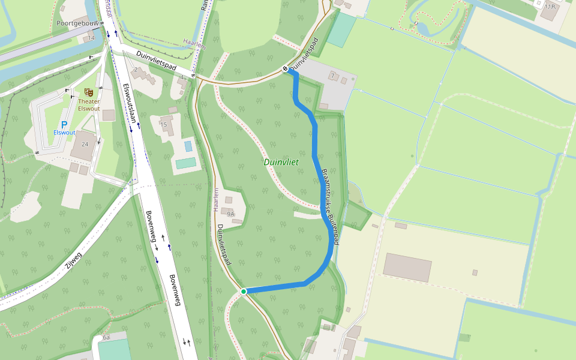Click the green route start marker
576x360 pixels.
click(244, 291)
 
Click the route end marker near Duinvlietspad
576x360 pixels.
click(286, 70)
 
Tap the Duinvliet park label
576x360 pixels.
click(281, 162)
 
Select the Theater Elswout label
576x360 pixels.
click(89, 105)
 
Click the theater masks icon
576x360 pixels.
click(88, 92)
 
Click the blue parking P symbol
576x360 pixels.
click(64, 124)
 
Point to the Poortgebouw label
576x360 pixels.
click(77, 23)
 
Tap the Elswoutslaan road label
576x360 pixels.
click(130, 103)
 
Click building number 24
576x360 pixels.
click(85, 144)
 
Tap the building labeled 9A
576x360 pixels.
click(230, 213)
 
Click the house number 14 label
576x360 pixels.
click(91, 38)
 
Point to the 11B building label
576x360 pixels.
click(550, 6)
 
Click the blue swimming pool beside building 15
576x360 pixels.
click(188, 146)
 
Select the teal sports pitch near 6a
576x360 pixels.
click(114, 349)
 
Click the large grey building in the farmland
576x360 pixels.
click(407, 267)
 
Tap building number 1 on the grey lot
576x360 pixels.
click(332, 76)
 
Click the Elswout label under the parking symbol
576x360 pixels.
click(64, 133)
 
